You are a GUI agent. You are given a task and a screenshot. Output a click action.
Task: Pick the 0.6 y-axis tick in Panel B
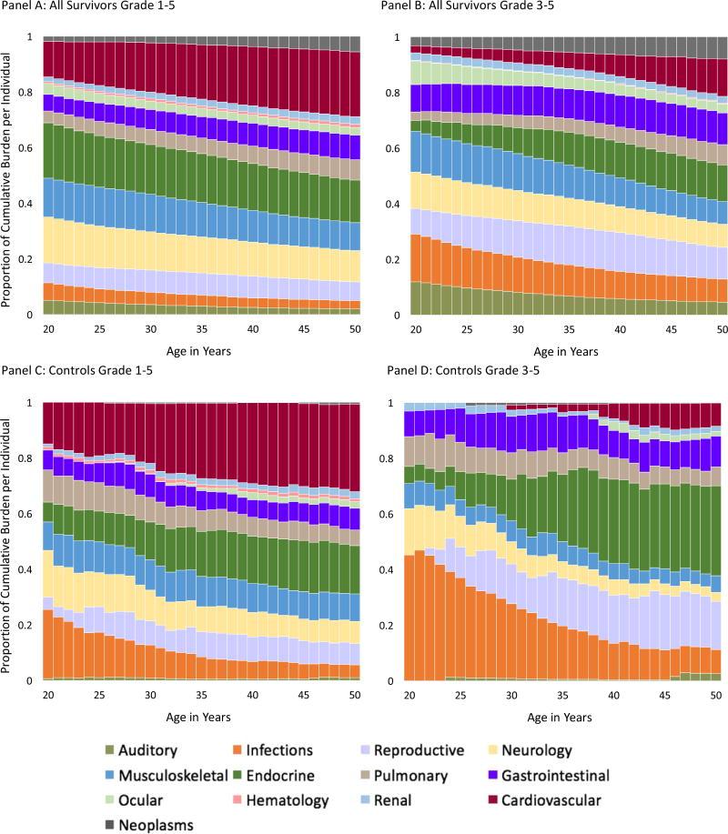click(x=393, y=149)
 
